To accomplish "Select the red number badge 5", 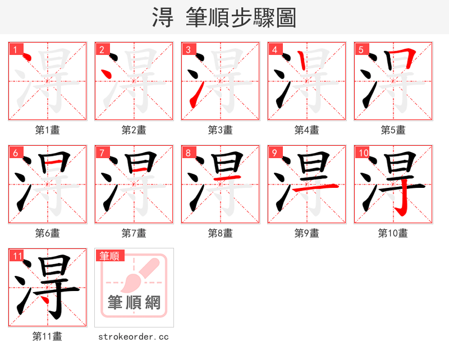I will click(361, 50).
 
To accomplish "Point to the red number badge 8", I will click(188, 153).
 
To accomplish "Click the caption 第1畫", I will click(47, 130).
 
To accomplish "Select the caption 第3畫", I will click(220, 130).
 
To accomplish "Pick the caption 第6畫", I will click(47, 233).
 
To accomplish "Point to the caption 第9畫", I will click(306, 233).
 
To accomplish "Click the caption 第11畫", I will click(47, 336).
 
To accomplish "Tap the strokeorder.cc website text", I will click(134, 336).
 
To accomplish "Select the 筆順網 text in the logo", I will click(134, 303).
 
